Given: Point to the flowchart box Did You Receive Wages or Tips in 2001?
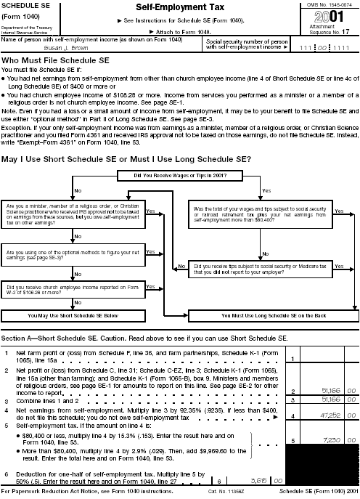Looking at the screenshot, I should [179, 175].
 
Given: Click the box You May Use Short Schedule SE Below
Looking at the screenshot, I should [73, 317].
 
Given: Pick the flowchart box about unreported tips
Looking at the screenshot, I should [264, 269].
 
